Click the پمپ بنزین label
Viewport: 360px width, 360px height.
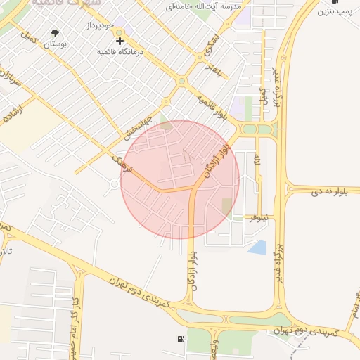[x=334, y=12]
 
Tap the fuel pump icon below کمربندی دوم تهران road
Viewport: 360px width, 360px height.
[x=181, y=340]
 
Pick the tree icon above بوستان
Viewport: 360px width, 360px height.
[x=56, y=33]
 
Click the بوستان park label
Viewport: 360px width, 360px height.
[x=56, y=44]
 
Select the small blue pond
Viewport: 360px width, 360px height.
[x=259, y=247]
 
